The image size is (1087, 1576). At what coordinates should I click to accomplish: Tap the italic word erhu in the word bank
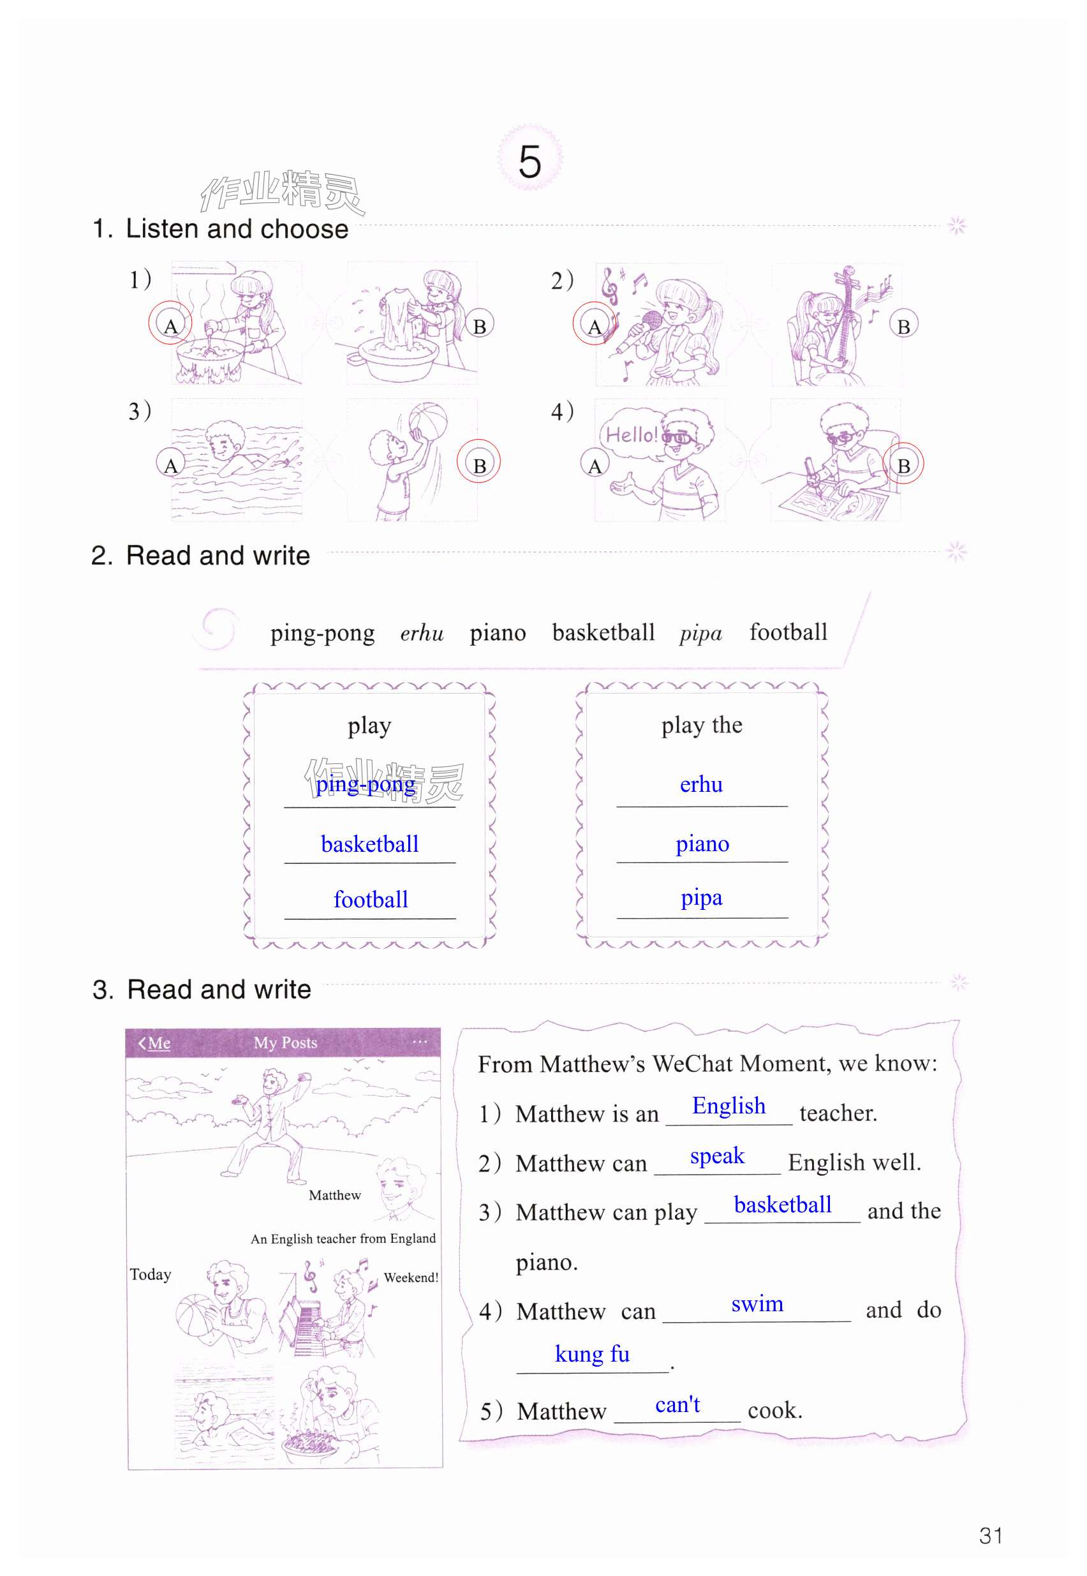(422, 634)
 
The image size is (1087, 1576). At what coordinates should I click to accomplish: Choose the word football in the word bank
(788, 632)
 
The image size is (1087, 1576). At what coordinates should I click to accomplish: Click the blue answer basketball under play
(370, 844)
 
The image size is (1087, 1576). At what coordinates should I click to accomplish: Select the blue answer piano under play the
(702, 844)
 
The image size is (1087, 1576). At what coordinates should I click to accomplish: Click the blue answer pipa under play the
(702, 898)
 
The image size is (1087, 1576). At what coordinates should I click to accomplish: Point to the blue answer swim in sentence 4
(757, 1304)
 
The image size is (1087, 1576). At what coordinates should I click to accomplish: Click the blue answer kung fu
(592, 1353)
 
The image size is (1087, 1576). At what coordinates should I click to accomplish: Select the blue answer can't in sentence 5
(677, 1404)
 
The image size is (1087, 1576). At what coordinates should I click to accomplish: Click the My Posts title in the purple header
(285, 1043)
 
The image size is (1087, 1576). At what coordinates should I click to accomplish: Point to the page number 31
(990, 1536)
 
